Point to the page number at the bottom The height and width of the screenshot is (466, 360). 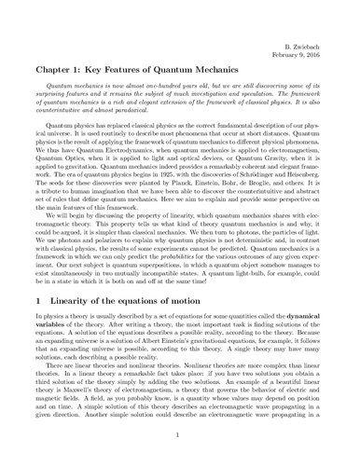(180, 449)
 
